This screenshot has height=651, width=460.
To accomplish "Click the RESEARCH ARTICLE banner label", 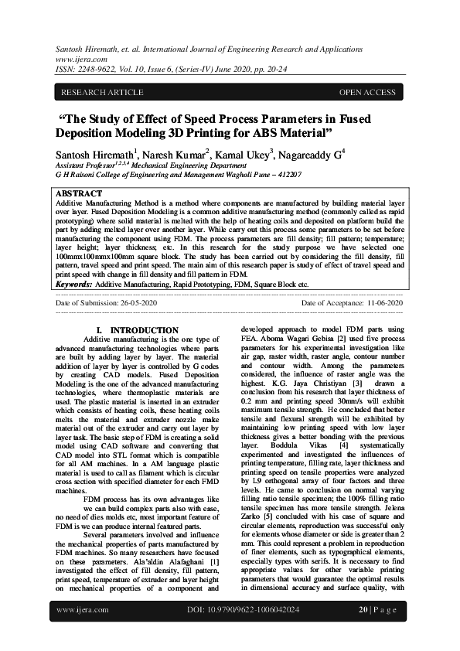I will click(94, 93).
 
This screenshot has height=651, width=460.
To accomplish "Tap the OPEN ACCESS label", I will click(367, 93).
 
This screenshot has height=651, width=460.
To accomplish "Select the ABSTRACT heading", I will click(79, 193).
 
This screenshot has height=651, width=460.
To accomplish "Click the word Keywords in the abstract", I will click(74, 285).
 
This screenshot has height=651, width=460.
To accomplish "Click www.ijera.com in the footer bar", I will click(83, 631).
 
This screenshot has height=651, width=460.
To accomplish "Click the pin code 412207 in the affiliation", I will click(285, 176).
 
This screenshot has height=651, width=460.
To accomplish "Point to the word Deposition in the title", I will click(101, 132).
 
